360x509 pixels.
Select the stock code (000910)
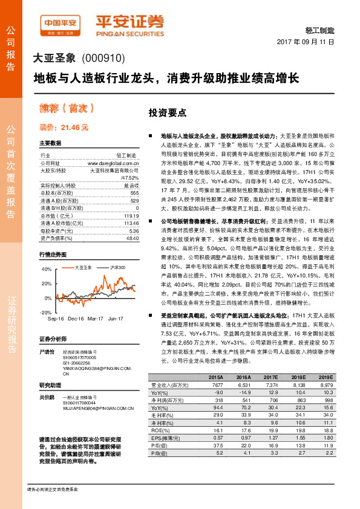[x=103, y=59]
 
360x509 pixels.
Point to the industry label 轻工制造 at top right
[x=321, y=29]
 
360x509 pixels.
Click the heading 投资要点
[x=167, y=113]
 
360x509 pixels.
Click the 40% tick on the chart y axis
[x=46, y=269]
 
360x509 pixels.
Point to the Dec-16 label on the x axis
[x=76, y=318]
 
